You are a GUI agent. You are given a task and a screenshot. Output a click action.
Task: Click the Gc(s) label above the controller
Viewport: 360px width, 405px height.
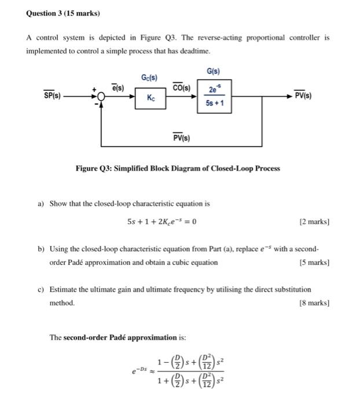[150, 77]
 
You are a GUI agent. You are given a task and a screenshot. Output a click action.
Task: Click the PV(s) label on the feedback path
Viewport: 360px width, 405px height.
[183, 137]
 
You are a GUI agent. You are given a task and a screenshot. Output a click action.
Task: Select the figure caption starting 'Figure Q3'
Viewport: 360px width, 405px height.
[178, 168]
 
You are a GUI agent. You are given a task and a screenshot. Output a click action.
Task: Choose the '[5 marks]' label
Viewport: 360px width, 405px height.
[314, 262]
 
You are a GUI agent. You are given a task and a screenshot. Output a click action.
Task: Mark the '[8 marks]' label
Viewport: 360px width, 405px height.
[314, 302]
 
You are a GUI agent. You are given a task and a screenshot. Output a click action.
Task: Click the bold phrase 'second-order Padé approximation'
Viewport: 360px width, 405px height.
[130, 337]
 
